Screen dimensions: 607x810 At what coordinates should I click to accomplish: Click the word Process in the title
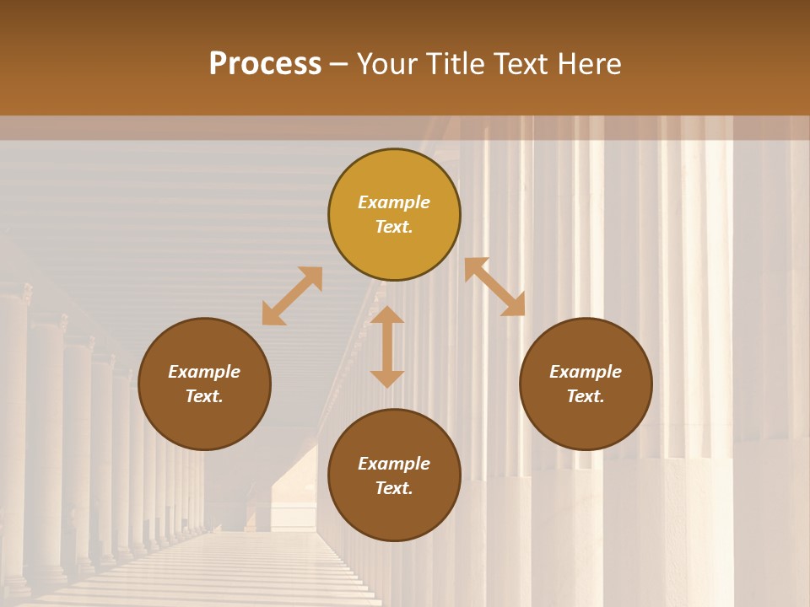tap(265, 64)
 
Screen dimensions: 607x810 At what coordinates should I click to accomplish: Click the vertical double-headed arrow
tap(387, 346)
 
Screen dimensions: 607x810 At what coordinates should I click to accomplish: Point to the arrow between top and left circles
tap(292, 296)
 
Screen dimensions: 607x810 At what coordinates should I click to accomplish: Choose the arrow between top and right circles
tap(494, 287)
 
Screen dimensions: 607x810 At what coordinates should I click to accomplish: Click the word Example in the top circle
tap(394, 202)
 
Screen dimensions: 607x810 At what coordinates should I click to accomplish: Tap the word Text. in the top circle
tap(394, 227)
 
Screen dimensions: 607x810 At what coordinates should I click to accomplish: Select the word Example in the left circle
tap(204, 372)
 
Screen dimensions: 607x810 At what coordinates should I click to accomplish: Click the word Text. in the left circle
tap(204, 396)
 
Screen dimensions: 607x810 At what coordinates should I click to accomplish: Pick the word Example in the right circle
tap(586, 372)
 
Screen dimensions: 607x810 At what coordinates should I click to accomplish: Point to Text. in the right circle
tap(586, 396)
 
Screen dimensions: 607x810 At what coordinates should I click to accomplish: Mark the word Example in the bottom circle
tap(394, 464)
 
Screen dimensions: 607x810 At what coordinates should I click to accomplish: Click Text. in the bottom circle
tap(394, 488)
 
